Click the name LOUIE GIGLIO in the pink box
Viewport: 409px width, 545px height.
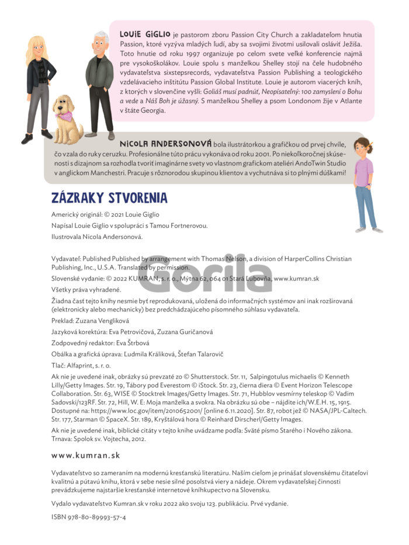(145, 34)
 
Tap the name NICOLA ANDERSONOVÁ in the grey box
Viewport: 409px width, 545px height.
(165, 144)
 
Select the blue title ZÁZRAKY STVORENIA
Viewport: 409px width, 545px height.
(109, 198)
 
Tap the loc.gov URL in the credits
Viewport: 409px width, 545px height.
(143, 410)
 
